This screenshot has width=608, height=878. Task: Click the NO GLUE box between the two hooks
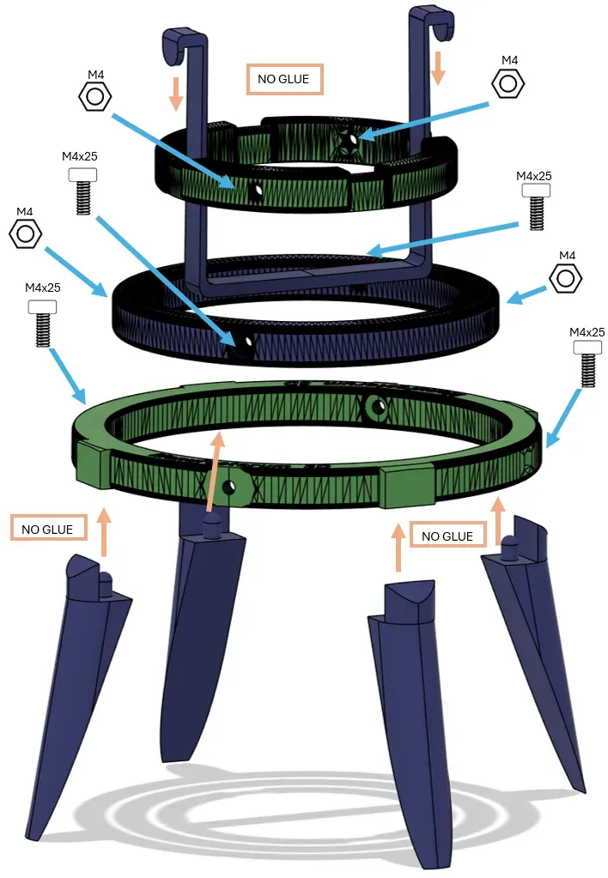tap(284, 79)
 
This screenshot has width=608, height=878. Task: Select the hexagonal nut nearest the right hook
tap(508, 83)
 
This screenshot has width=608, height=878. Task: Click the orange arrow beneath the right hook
tap(438, 67)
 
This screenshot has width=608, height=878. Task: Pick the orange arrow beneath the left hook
tap(176, 94)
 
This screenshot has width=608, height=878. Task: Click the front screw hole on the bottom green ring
tap(228, 487)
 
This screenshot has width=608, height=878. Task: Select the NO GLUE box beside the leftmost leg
tap(48, 528)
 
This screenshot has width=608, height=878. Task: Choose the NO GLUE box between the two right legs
tap(447, 536)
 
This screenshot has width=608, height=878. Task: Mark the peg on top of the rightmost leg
tap(509, 547)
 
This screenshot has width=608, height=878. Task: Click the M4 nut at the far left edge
tap(25, 234)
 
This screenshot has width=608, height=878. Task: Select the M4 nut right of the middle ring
tap(565, 278)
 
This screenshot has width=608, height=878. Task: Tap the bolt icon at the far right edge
tap(587, 364)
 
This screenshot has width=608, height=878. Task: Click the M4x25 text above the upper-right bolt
tap(534, 176)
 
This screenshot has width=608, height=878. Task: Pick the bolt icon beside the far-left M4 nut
tap(42, 324)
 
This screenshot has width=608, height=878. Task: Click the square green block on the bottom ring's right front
tap(407, 486)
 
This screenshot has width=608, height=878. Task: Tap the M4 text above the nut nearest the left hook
tap(96, 75)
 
